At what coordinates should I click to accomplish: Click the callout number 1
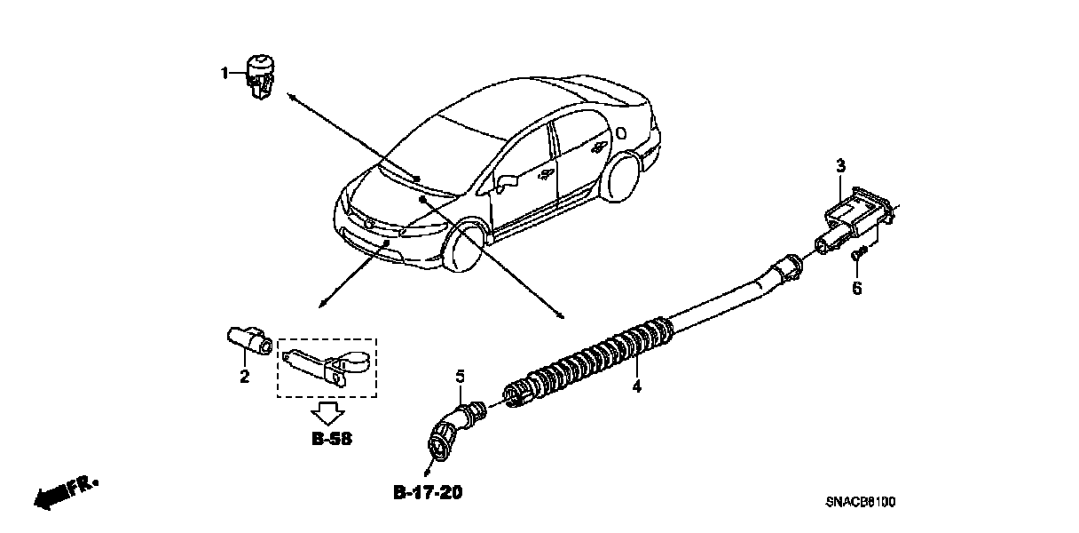click(225, 73)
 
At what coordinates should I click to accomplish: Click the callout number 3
click(840, 166)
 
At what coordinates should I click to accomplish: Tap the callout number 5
click(461, 377)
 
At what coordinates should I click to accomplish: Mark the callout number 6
click(857, 288)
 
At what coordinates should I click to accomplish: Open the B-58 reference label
click(331, 438)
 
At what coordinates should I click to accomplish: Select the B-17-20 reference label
click(428, 491)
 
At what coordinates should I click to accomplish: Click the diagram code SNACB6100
click(860, 503)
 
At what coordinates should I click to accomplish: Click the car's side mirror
click(507, 184)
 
